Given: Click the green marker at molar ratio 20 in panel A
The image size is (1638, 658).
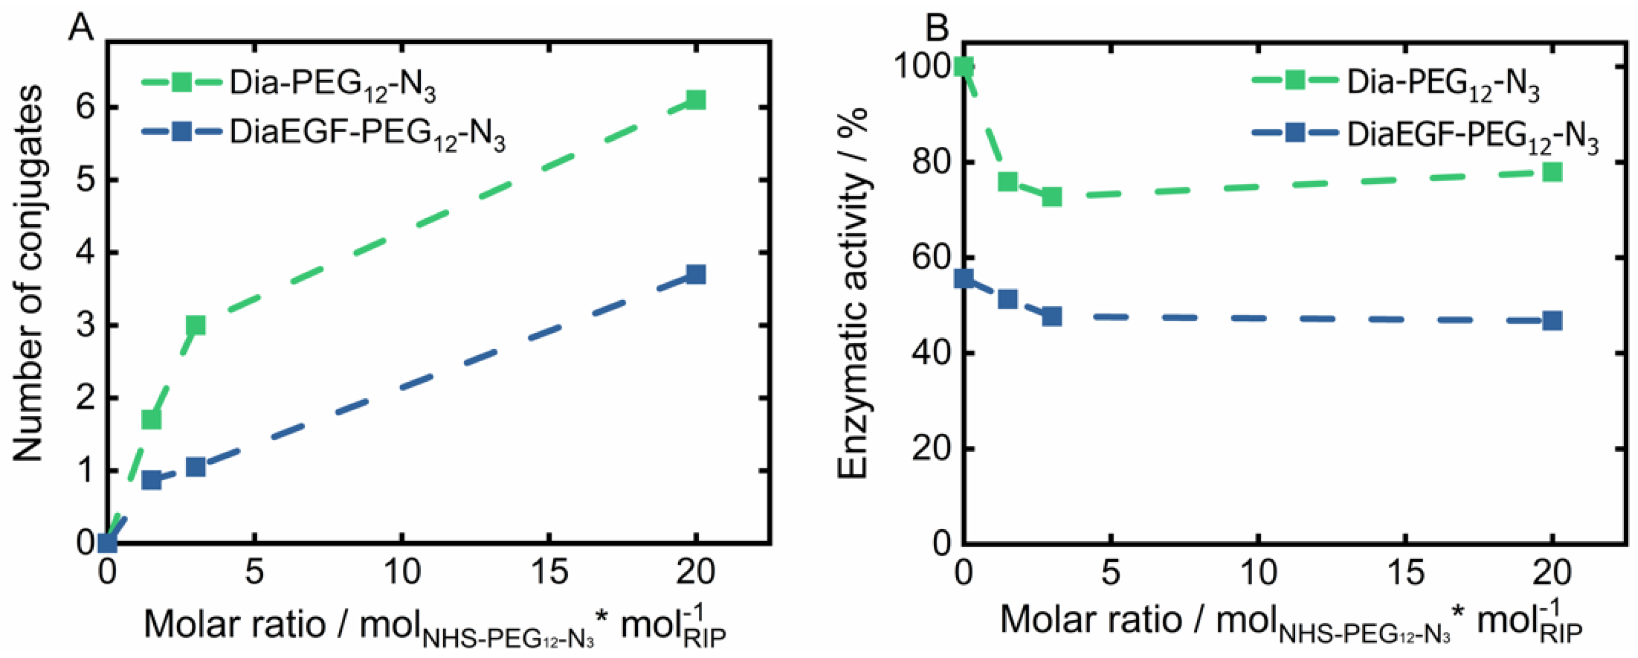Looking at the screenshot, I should point(696,100).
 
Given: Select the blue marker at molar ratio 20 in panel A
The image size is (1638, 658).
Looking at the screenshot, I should point(696,275).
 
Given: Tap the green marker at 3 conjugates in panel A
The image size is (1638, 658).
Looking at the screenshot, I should point(195,325).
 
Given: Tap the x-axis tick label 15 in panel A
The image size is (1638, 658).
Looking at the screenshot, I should point(549,572).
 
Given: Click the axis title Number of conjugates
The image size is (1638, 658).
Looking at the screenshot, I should point(28,274).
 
